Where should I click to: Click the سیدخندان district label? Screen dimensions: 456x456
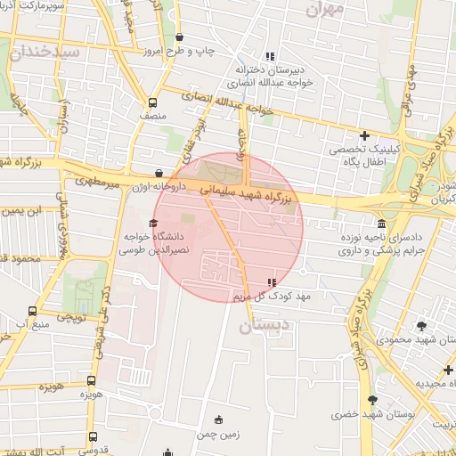tap(43, 52)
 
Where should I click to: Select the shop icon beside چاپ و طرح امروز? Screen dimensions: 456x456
tap(181, 37)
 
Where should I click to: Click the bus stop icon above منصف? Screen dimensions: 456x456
tap(152, 102)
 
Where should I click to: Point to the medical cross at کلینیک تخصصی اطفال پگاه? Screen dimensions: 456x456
tap(364, 135)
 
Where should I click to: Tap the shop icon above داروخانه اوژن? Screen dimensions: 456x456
tap(159, 173)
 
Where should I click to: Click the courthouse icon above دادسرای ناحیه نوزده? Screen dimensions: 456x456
tap(382, 224)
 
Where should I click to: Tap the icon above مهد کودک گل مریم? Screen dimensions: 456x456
tap(272, 281)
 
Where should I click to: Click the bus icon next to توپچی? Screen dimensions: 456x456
tap(32, 311)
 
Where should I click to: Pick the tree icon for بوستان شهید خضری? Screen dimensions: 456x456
tap(371, 400)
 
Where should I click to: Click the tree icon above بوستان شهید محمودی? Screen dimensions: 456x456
tap(421, 325)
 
